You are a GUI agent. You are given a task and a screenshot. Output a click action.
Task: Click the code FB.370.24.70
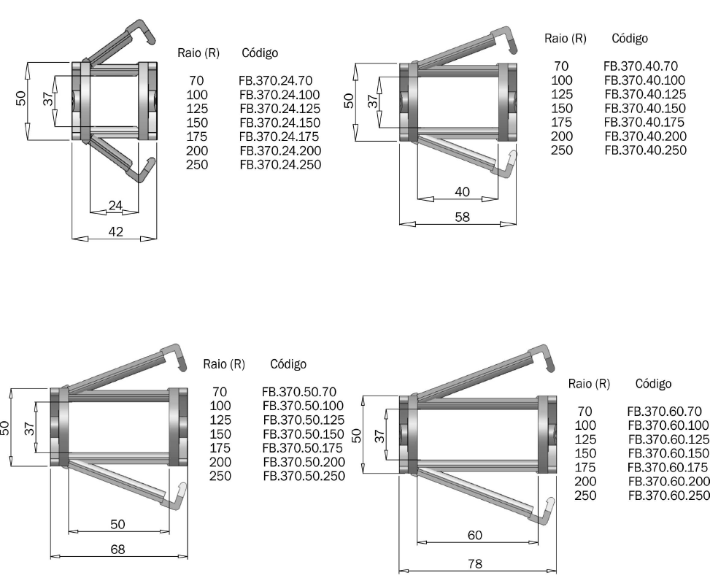tap(275, 80)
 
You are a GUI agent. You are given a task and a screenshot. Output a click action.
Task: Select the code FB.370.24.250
tap(280, 164)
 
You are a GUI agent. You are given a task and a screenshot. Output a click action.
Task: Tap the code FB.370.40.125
tap(645, 94)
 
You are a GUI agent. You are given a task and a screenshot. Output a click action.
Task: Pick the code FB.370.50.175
tap(303, 448)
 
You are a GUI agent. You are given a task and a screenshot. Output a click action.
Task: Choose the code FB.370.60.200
tap(669, 482)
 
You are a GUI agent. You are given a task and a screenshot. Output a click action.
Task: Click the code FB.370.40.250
tap(646, 150)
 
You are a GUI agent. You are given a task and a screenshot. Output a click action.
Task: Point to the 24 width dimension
tap(115, 206)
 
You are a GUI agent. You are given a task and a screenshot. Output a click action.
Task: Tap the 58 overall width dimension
tap(463, 217)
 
